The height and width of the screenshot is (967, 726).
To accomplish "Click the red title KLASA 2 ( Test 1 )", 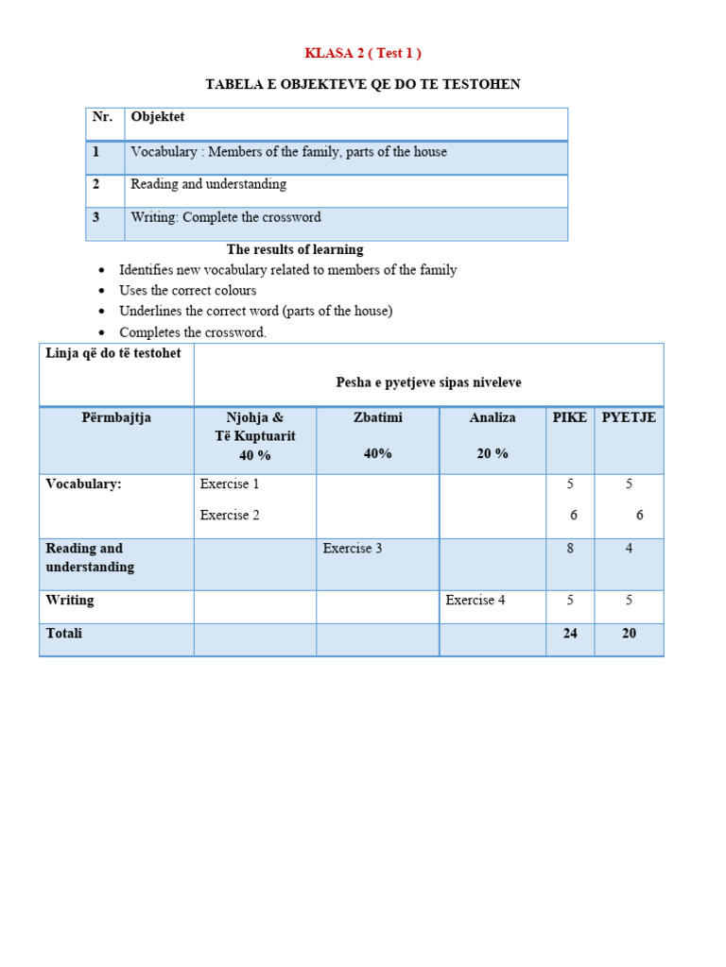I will (363, 53).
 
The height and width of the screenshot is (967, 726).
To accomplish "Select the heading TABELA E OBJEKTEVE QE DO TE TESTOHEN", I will (363, 85).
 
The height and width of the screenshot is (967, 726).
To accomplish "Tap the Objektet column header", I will (158, 117).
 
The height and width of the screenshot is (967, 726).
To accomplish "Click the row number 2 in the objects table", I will (96, 184).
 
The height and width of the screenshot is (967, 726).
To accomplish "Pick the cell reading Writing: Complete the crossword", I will (226, 217).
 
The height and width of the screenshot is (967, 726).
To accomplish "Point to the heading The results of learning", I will (295, 249).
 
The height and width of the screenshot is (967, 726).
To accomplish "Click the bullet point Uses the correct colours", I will (187, 291).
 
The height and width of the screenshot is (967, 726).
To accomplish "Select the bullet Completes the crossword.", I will (193, 332).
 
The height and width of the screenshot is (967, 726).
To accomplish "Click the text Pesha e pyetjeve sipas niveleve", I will (428, 382).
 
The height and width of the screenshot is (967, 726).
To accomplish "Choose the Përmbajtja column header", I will (116, 417).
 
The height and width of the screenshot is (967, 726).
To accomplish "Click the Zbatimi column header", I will (377, 417).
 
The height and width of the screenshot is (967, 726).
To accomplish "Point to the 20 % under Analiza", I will (493, 453).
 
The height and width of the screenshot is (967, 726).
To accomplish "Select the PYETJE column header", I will (629, 417).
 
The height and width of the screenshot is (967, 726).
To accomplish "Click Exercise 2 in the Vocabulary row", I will (230, 516).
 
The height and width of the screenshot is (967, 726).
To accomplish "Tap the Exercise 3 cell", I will (353, 549).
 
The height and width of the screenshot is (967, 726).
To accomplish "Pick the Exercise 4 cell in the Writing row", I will (475, 601).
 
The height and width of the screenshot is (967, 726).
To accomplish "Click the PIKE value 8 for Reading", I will (570, 549).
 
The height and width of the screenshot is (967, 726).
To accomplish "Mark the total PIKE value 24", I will (570, 634).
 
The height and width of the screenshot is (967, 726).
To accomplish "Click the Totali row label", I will (64, 634).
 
